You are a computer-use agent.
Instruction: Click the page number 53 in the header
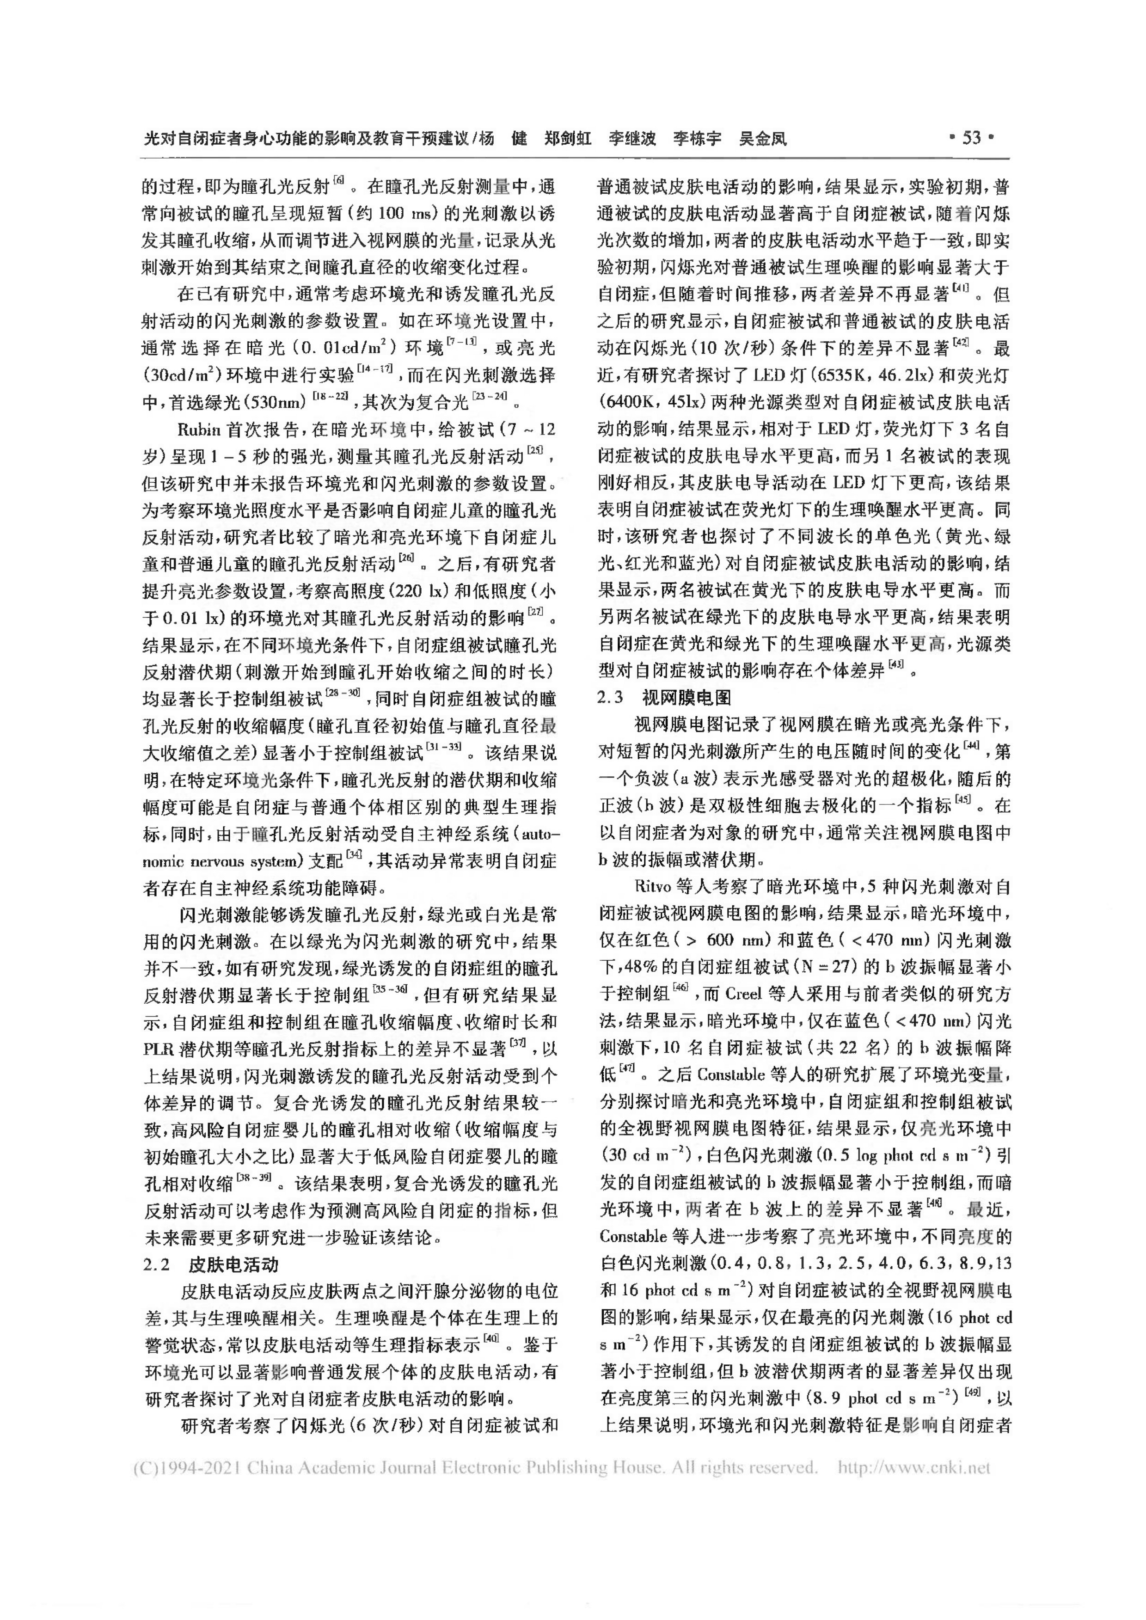pos(972,138)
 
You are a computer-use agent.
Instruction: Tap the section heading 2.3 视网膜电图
pos(664,698)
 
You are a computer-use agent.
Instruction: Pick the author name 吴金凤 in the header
pos(762,138)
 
